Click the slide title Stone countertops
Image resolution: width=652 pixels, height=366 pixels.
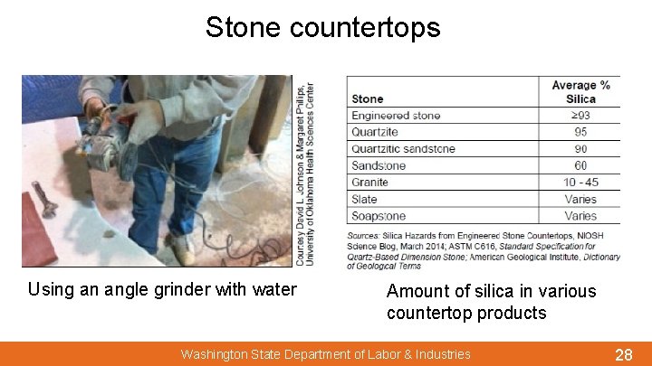click(322, 27)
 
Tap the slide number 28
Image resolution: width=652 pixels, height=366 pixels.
click(623, 354)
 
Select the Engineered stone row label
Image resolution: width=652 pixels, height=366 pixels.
click(396, 116)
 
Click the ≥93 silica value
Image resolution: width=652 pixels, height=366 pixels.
click(580, 116)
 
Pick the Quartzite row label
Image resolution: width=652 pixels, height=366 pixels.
click(374, 132)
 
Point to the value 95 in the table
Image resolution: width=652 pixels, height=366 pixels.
click(580, 132)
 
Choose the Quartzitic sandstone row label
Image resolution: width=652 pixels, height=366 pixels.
click(403, 148)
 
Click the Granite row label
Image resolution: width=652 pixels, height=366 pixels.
click(369, 182)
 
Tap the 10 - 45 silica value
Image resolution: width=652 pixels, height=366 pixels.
click(580, 182)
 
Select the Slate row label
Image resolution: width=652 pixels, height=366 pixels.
click(364, 199)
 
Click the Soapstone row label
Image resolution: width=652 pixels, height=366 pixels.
click(379, 216)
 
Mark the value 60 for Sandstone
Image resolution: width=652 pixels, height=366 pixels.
click(580, 165)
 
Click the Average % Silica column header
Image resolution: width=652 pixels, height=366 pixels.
click(580, 91)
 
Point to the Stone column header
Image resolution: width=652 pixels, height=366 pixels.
click(367, 99)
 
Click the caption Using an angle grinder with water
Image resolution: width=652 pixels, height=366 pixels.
click(162, 290)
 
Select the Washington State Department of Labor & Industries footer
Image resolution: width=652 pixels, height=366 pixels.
click(325, 354)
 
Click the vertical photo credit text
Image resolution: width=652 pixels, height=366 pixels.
click(305, 172)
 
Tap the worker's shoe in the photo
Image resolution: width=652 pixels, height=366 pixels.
click(181, 250)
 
